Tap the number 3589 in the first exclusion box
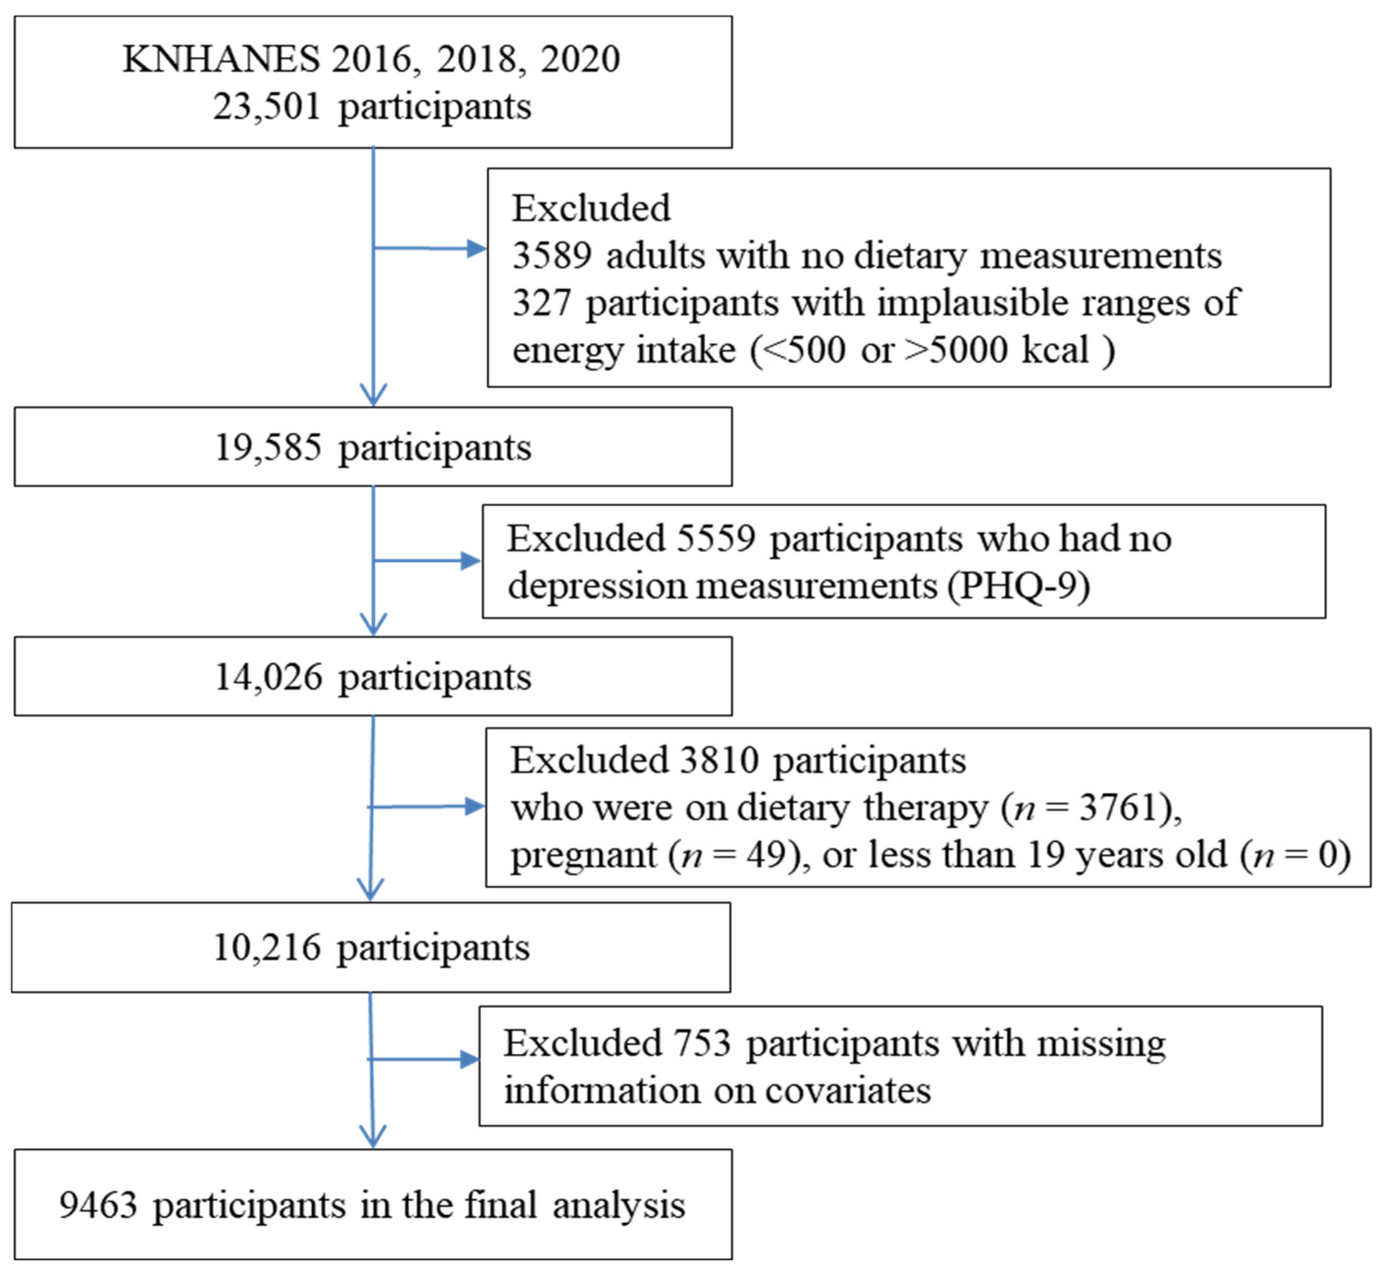click(552, 256)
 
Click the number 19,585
click(267, 448)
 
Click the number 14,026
click(267, 677)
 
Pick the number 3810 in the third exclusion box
click(719, 760)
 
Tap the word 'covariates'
click(848, 1091)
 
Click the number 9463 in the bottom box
click(98, 1205)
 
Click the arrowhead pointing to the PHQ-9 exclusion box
click(471, 561)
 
